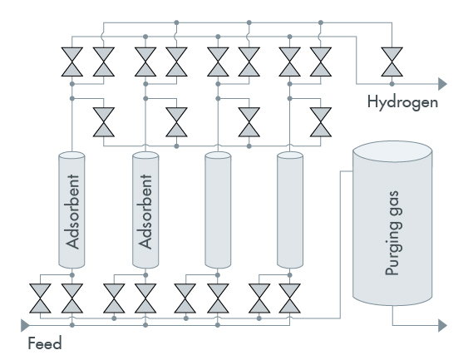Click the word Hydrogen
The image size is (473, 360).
pos(402,102)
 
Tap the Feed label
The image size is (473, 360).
pos(45,343)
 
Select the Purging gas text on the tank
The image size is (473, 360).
pos(393,233)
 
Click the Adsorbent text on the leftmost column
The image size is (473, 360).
pos(73,211)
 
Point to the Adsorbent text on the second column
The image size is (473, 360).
pos(145,211)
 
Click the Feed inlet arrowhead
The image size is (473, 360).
pos(25,325)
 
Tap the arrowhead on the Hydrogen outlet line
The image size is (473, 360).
pos(442,84)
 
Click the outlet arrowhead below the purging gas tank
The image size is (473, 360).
pos(442,325)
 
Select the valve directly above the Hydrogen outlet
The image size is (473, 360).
pos(392,62)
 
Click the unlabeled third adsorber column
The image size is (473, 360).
pos(218,210)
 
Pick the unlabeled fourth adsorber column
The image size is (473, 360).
pos(290,210)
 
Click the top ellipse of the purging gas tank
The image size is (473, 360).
pos(392,152)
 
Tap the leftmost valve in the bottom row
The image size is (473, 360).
pos(40,298)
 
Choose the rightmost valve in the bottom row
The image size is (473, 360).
pos(289,298)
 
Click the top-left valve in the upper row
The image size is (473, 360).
pos(72,62)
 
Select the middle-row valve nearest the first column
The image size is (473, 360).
pos(104,122)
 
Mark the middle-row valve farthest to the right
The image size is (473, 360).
pos(321,122)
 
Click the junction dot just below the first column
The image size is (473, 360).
pos(72,275)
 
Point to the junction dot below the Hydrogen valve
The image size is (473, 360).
pos(392,84)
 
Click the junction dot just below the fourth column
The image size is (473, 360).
pos(289,275)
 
